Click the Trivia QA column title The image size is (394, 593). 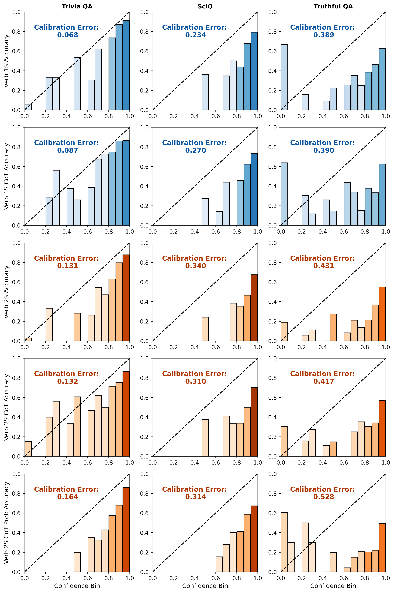[x=77, y=7]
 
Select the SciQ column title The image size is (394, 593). [x=205, y=7]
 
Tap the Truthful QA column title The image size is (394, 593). [x=333, y=7]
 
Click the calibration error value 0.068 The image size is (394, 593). [x=68, y=35]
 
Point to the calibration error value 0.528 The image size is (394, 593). [x=324, y=497]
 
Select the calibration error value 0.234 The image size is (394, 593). [x=196, y=35]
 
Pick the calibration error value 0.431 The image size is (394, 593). [x=324, y=266]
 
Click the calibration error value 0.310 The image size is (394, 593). [x=196, y=381]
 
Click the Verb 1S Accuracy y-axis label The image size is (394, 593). [x=7, y=61]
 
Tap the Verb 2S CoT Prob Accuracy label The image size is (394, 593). [x=7, y=523]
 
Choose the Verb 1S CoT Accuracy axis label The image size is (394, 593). [x=7, y=176]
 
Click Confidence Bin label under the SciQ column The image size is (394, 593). [x=205, y=586]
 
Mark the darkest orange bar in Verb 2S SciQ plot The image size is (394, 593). [x=254, y=308]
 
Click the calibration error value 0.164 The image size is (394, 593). [x=68, y=497]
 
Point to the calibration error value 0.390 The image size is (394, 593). [x=324, y=150]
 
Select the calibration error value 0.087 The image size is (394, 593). [x=68, y=150]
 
